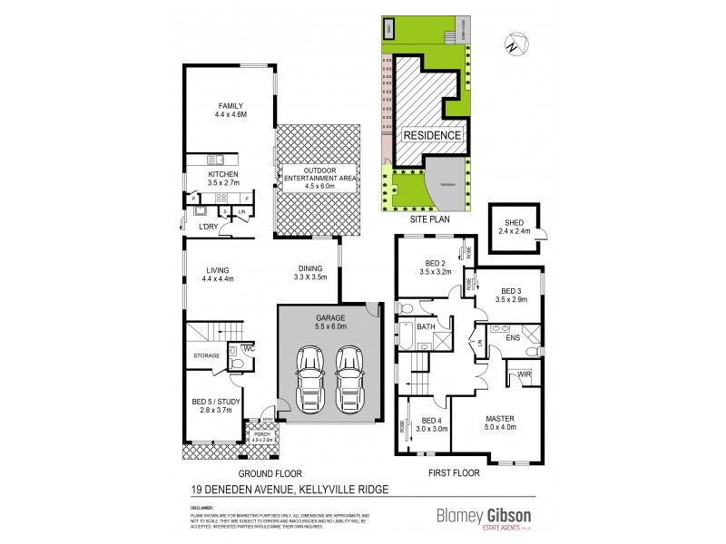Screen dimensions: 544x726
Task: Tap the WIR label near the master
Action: pyautogui.click(x=523, y=374)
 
